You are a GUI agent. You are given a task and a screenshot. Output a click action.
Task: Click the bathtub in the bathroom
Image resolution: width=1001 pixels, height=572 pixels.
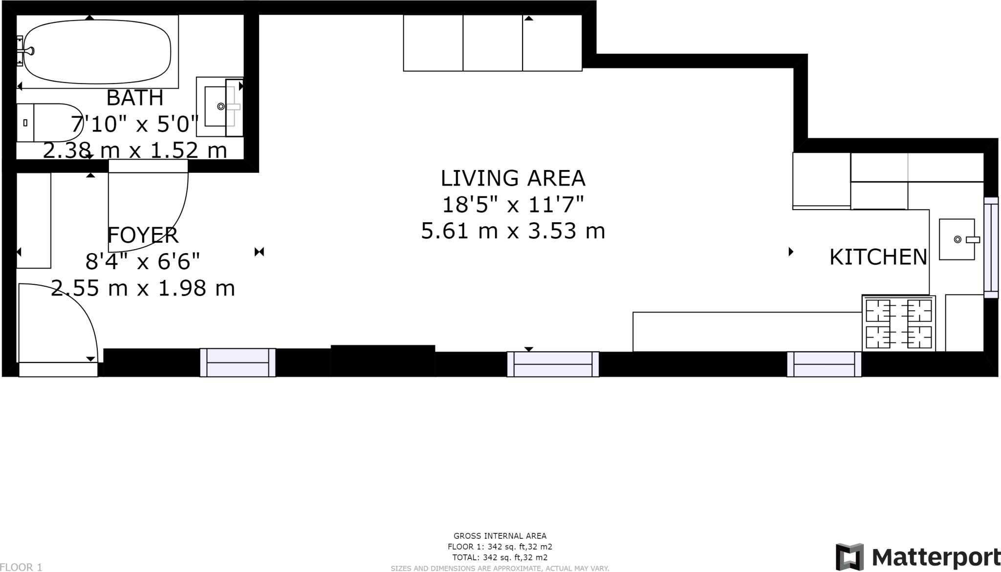pos(97,51)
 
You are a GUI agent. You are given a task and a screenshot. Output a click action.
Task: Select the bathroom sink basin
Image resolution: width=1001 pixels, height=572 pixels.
pos(219,106)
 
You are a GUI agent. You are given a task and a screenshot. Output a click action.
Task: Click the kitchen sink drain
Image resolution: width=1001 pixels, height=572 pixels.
pos(957,239)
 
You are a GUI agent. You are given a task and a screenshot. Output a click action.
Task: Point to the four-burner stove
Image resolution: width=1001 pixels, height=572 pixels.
pos(899,323)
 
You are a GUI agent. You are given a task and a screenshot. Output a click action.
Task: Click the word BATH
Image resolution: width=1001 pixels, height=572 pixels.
pos(135,98)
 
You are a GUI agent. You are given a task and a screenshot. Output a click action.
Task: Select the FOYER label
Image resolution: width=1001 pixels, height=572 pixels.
pos(143,235)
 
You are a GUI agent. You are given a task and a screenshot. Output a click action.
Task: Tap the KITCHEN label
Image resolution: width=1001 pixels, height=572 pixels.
pos(878,257)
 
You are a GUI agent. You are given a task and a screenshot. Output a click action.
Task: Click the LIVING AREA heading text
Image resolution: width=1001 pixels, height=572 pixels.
pos(513,178)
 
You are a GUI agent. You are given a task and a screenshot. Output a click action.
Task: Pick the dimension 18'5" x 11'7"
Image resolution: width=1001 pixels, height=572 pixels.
pos(513,205)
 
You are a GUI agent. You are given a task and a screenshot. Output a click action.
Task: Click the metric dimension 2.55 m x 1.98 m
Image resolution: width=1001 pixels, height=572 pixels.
pos(143,288)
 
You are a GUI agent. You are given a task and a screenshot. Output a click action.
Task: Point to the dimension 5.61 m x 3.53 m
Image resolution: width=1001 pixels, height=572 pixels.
pos(513,231)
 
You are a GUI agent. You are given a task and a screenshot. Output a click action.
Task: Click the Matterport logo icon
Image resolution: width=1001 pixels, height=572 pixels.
pos(849,557)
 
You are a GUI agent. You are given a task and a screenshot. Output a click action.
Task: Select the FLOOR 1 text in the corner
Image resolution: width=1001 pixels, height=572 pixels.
pos(21,567)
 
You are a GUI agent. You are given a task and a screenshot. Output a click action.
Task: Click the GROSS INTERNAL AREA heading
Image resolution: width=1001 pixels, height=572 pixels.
pos(500,536)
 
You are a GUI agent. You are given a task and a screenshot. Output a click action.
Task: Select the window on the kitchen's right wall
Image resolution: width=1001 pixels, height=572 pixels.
pos(991,248)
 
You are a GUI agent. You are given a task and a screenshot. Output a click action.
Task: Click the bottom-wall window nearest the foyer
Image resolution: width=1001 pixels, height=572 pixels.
pos(238,362)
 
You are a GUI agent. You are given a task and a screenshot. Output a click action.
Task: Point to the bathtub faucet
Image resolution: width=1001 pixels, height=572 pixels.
pos(26,51)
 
